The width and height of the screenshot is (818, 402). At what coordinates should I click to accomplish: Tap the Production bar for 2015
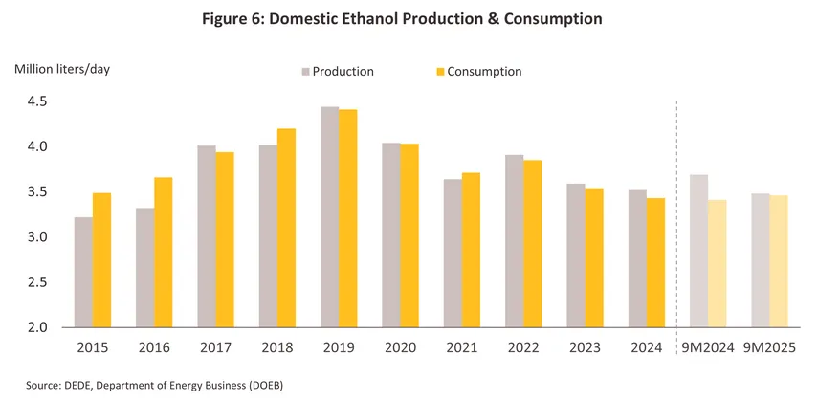tap(83, 272)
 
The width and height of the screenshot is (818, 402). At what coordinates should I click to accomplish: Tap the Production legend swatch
tap(305, 72)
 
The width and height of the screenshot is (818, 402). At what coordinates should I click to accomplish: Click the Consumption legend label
tap(485, 72)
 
